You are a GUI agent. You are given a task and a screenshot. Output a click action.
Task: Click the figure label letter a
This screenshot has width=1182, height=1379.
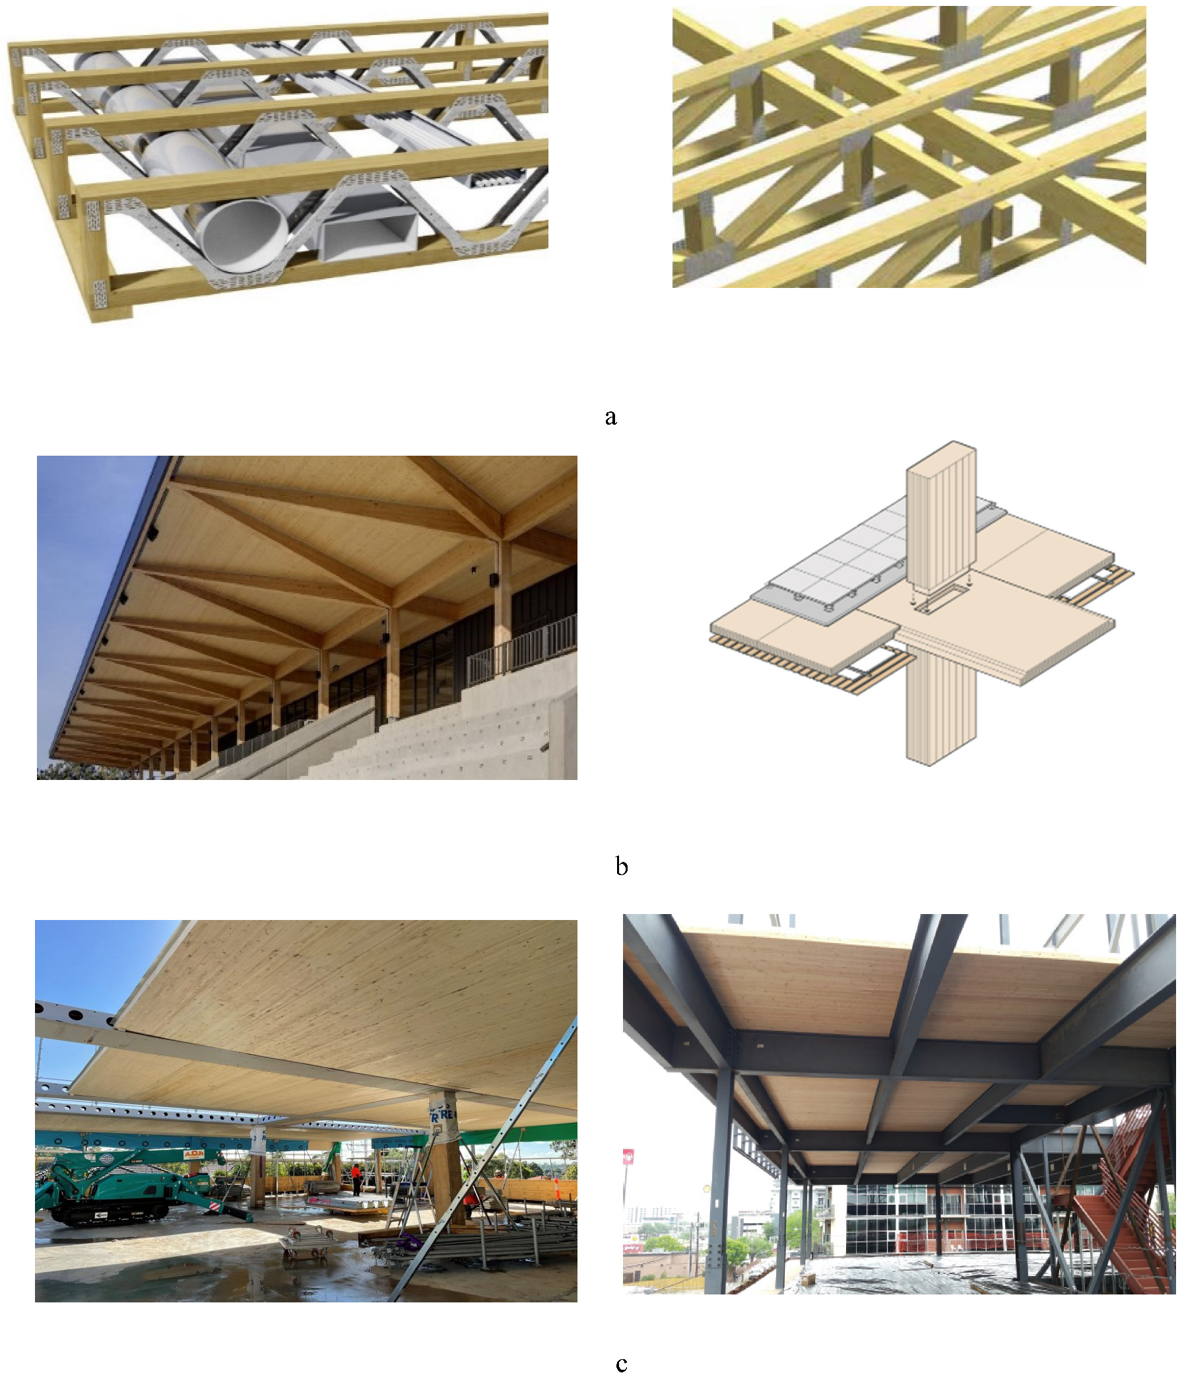point(610,417)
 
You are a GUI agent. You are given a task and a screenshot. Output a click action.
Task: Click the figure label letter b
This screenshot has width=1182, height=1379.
point(621,866)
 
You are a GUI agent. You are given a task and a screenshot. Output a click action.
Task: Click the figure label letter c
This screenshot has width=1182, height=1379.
point(621,1364)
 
